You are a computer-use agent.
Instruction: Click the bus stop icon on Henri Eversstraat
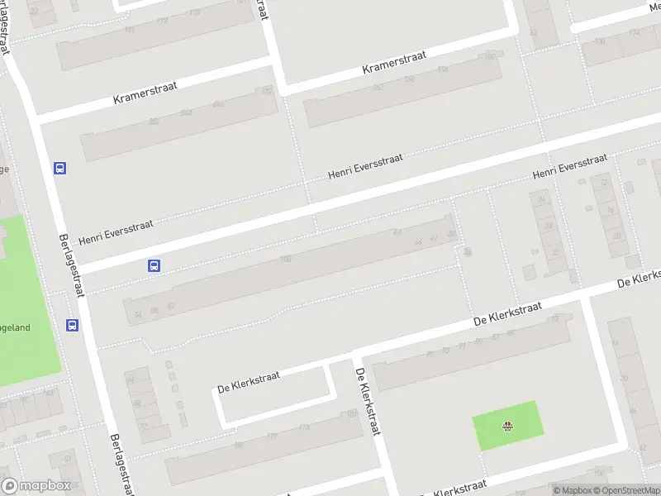point(154,266)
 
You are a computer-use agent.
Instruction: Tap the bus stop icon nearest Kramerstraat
point(59,168)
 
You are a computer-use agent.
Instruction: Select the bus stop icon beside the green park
point(73,325)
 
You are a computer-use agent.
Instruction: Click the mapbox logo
point(36,486)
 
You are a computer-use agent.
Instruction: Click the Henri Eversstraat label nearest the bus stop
point(116,231)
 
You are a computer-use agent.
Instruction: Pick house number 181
point(130,30)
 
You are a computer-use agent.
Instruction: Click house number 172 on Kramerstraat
point(266,91)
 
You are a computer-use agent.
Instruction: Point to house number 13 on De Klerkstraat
point(555,318)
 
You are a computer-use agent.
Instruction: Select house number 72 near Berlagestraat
point(142,427)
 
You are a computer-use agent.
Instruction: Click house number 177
point(272,436)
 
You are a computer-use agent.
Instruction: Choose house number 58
point(154,310)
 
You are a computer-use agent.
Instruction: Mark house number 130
point(600,41)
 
